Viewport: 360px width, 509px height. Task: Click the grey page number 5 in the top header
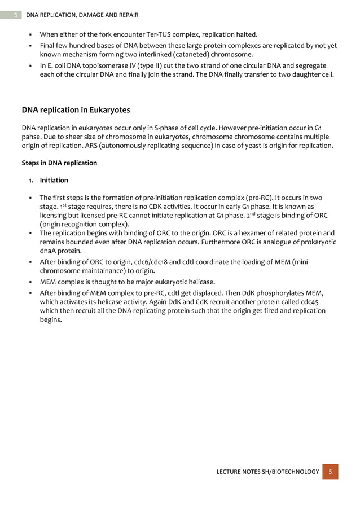coord(15,15)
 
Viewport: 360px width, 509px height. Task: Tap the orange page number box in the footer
coord(331,471)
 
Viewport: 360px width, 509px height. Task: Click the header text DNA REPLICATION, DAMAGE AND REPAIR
coord(78,15)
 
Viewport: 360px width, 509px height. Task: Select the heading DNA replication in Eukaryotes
coord(76,109)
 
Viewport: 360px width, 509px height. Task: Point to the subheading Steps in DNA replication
coord(59,163)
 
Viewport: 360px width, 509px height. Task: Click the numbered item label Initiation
coord(54,181)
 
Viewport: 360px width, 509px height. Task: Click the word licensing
coord(55,216)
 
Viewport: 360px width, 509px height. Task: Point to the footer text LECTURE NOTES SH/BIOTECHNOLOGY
coord(268,471)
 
